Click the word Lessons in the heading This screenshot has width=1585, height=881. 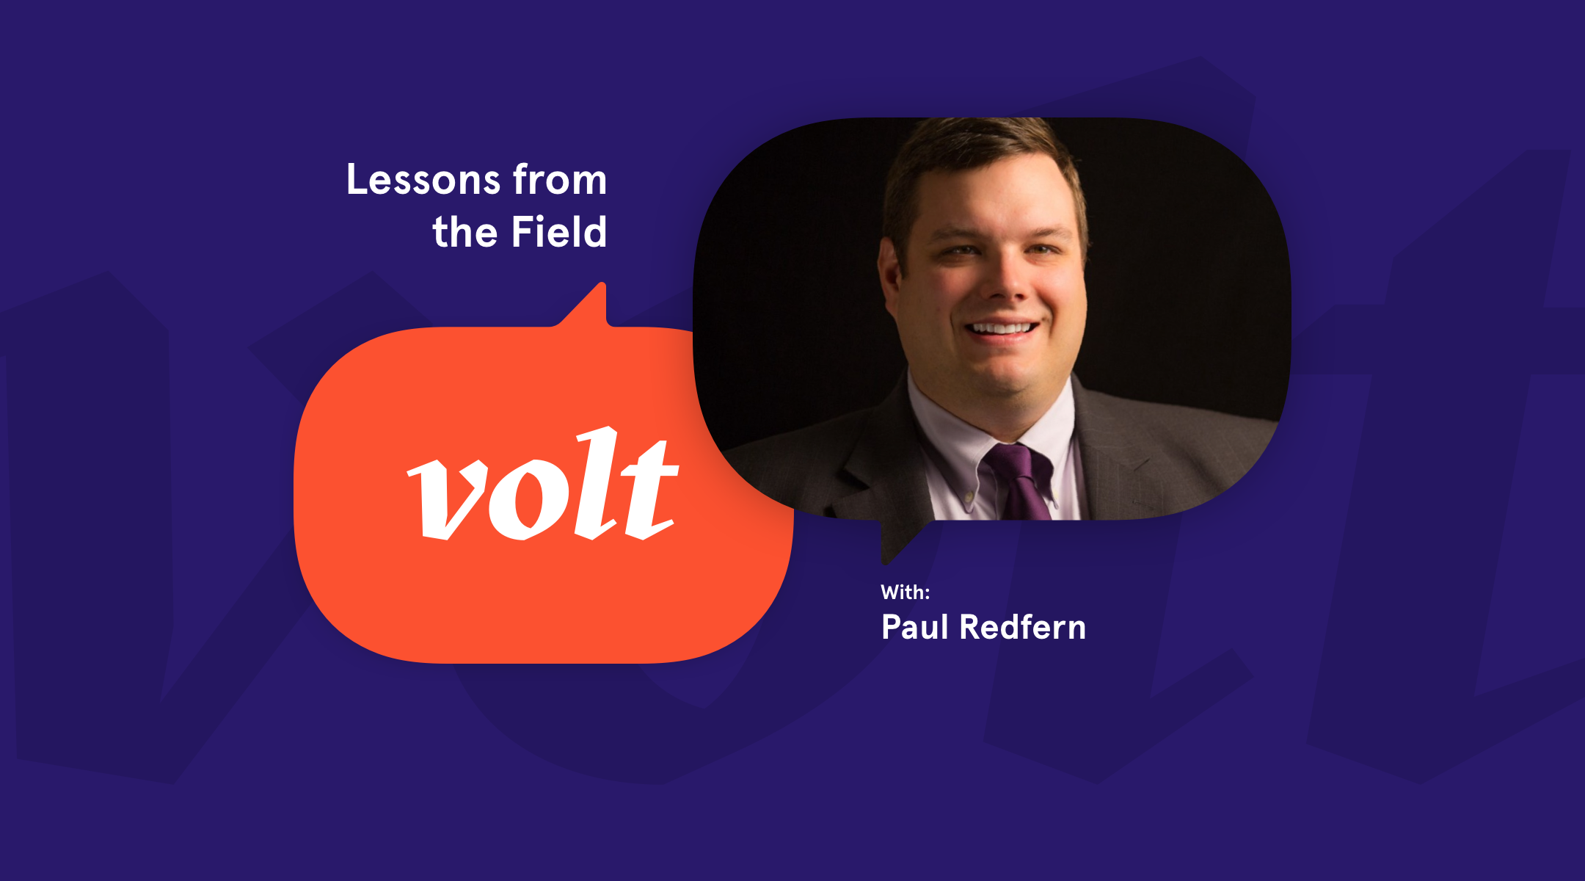pos(423,180)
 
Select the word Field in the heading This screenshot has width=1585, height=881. pos(559,232)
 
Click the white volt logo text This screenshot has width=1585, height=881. pos(543,485)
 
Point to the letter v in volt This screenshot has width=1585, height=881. pos(448,500)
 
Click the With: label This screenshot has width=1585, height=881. pos(906,592)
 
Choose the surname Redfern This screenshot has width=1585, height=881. pos(1023,627)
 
